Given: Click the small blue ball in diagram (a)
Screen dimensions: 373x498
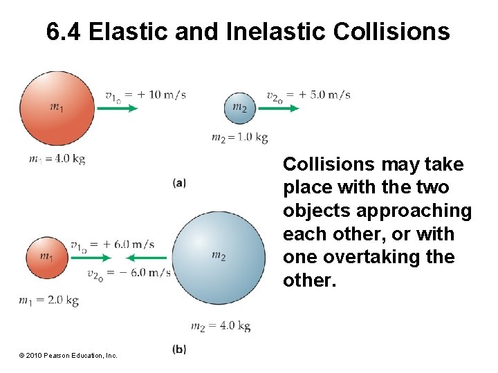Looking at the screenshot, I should (240, 108).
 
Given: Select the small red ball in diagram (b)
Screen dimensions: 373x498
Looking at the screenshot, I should (46, 257).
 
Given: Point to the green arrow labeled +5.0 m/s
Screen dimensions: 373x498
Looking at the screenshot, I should (282, 108).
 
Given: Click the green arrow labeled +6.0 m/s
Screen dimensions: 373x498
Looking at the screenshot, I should (90, 258).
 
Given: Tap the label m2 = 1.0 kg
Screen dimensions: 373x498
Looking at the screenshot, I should (239, 137).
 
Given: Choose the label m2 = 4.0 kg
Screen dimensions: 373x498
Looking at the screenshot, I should (220, 326).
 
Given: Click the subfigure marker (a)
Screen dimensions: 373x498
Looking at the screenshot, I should (179, 182).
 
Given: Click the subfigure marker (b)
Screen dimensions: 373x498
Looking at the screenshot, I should (179, 350).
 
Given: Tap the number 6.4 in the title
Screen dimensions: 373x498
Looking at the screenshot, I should (65, 32).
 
